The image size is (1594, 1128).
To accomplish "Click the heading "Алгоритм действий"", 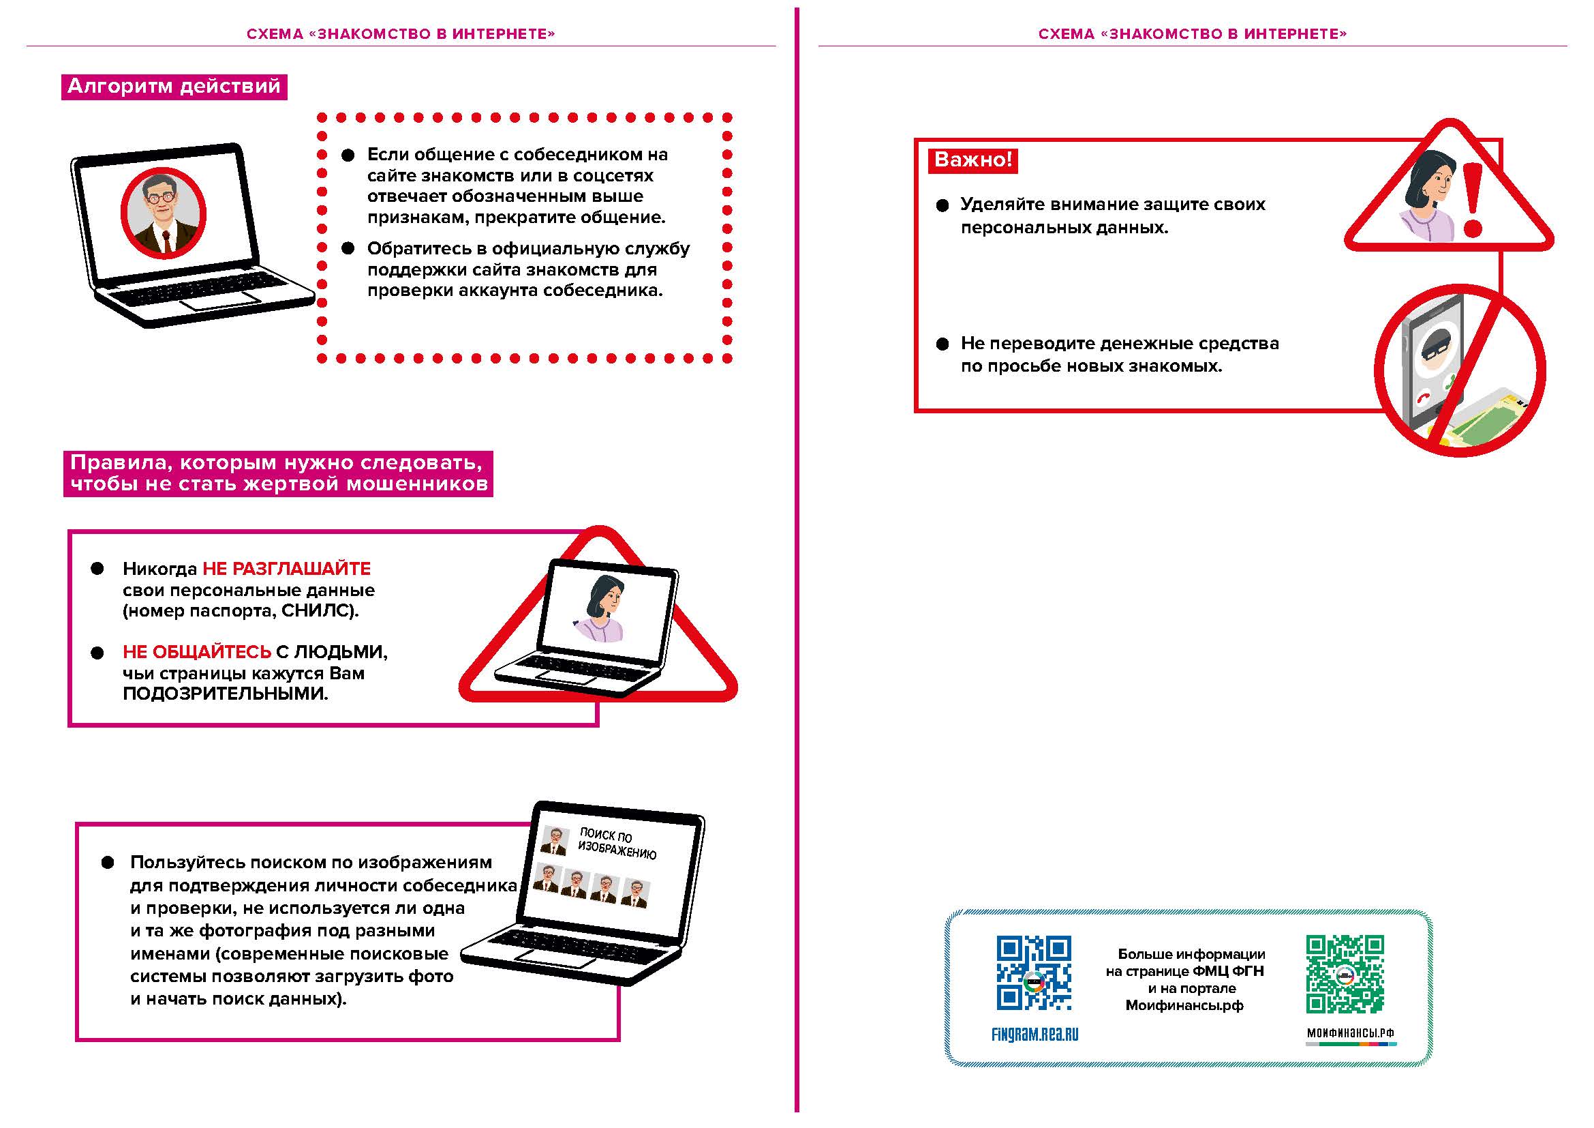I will pos(174,87).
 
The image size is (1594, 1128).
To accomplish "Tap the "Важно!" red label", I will pos(972,160).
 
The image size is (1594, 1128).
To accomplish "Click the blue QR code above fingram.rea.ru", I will pos(1034,973).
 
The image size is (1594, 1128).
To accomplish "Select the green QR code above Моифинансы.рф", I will pos(1345,974).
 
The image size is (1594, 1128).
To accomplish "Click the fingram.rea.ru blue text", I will pos(1035,1035).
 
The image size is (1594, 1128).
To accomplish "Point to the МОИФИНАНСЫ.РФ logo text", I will pos(1350,1033).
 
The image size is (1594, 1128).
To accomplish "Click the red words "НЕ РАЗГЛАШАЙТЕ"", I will pos(286,569).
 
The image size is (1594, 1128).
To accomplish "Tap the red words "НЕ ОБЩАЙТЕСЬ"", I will pos(196,651).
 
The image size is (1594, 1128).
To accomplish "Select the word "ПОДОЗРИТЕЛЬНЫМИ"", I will pos(225,694).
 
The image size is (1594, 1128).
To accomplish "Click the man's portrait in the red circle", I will pos(164,213).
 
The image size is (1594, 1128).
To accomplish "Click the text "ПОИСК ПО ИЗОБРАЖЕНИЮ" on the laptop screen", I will pos(616,843).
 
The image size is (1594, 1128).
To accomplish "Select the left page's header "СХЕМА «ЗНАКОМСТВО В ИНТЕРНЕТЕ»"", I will pos(401,34).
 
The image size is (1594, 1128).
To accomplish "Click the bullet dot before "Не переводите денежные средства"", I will pos(942,344).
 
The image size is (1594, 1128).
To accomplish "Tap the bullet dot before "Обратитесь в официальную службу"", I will pos(348,249).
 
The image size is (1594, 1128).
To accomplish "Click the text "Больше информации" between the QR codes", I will pos(1191,954).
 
